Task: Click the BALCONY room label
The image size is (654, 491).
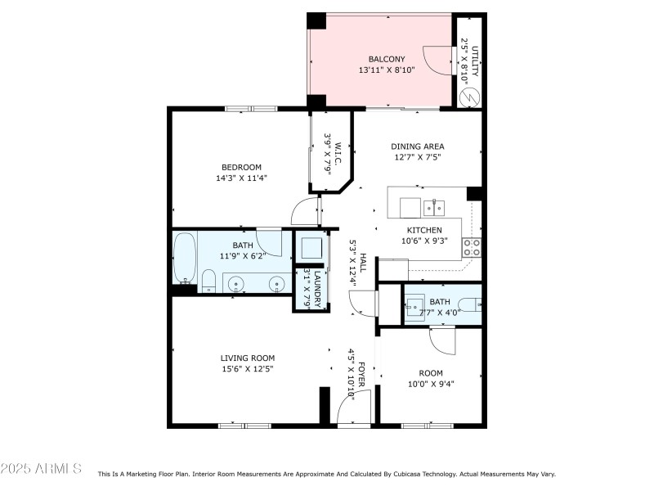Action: (x=387, y=59)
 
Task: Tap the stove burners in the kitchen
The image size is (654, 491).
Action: (x=472, y=247)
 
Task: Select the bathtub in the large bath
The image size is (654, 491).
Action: (x=185, y=258)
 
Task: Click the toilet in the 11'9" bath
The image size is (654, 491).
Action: (x=208, y=281)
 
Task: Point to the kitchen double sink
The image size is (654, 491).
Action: (x=434, y=208)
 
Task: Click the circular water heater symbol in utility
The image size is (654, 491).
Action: (x=469, y=97)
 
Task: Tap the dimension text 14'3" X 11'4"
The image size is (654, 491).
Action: (x=241, y=178)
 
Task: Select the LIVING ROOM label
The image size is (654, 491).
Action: (x=248, y=358)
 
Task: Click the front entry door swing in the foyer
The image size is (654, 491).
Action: (x=353, y=407)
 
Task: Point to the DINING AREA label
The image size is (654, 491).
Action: (x=418, y=146)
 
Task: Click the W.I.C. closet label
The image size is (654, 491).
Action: (x=338, y=153)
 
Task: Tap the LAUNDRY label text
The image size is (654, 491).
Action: (x=317, y=290)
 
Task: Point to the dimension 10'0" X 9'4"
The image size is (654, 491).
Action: (x=431, y=384)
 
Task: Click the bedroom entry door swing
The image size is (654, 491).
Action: (x=305, y=211)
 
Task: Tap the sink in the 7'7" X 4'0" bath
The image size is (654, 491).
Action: (x=415, y=307)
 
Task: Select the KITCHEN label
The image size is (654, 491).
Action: (x=424, y=230)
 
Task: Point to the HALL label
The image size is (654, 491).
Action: (x=363, y=263)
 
